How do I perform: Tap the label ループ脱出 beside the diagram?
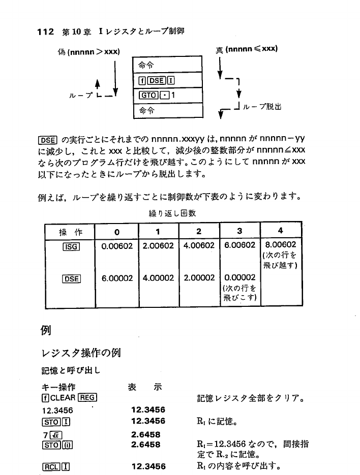click(x=264, y=108)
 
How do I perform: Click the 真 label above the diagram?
click(x=219, y=50)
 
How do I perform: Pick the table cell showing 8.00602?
click(x=280, y=245)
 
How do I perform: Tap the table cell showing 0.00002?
click(x=239, y=278)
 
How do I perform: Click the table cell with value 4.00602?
click(x=198, y=245)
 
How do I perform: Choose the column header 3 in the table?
click(x=239, y=231)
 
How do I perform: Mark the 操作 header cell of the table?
click(x=70, y=232)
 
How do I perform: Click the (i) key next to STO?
click(x=66, y=444)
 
